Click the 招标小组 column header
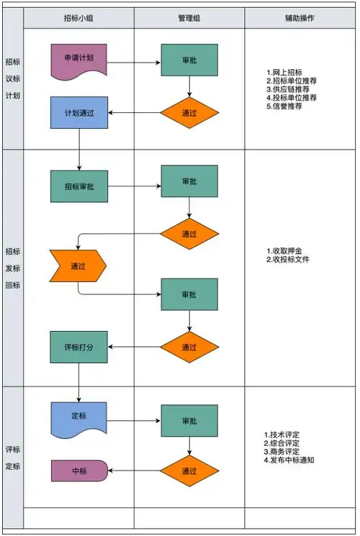[x=78, y=17]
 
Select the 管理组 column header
[x=189, y=17]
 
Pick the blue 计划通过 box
[x=78, y=112]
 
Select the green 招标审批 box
[x=78, y=186]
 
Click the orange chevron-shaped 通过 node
[x=77, y=265]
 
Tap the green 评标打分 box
[x=78, y=347]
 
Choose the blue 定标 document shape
[x=78, y=417]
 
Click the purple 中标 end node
[x=78, y=471]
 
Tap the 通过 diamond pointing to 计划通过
[x=189, y=112]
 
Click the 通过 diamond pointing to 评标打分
[x=189, y=347]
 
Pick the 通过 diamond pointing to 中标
[x=189, y=471]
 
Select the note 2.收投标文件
[x=287, y=258]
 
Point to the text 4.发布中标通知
[x=289, y=460]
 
